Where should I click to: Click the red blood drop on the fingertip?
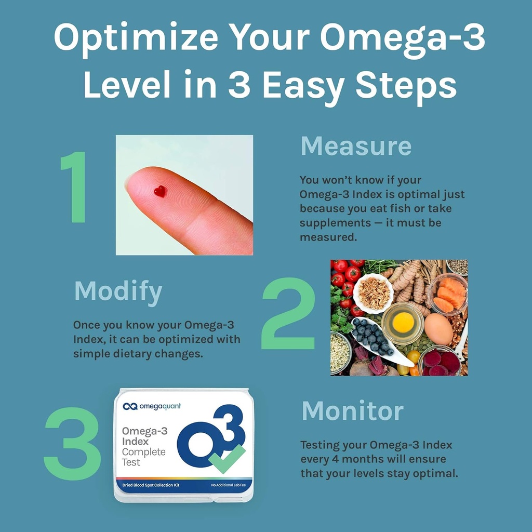pyautogui.click(x=160, y=191)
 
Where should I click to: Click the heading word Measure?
pyautogui.click(x=356, y=147)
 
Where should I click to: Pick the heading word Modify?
pyautogui.click(x=118, y=292)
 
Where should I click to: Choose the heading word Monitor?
pyautogui.click(x=352, y=411)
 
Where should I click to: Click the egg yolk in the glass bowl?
pyautogui.click(x=403, y=323)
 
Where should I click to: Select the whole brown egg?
pyautogui.click(x=438, y=329)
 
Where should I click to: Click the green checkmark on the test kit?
pyautogui.click(x=227, y=458)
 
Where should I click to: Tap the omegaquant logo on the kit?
pyautogui.click(x=152, y=406)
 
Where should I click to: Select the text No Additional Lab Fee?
pyautogui.click(x=229, y=485)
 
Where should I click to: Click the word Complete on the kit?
pyautogui.click(x=143, y=451)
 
